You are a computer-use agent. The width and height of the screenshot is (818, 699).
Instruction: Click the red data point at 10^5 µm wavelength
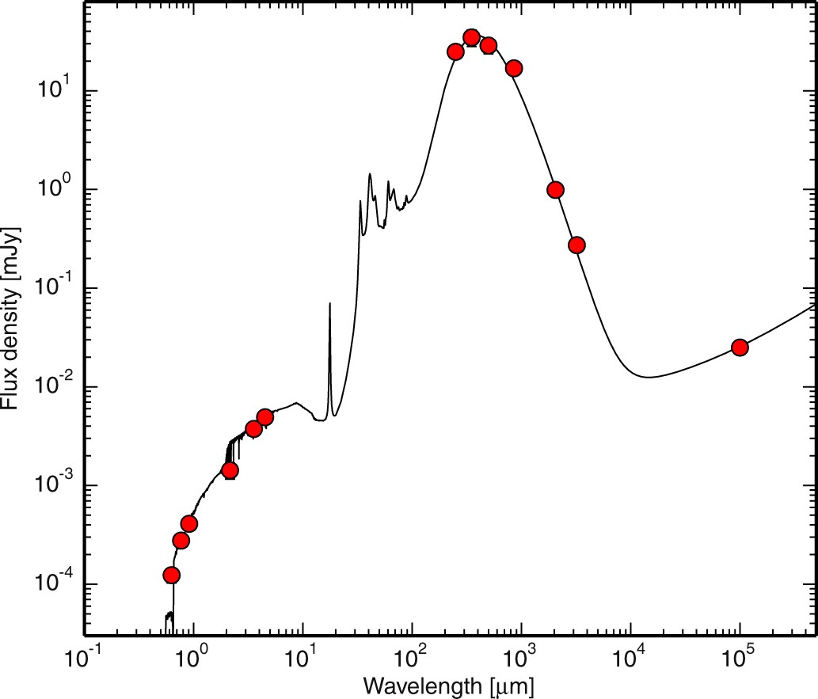740,348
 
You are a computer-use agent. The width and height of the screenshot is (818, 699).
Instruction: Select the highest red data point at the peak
472,37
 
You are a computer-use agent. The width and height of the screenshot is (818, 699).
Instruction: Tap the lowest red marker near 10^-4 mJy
171,575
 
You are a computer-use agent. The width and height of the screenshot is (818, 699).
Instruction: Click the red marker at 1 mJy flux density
555,189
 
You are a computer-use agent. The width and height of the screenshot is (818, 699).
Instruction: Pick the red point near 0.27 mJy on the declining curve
576,245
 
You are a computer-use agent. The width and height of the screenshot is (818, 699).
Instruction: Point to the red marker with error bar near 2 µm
230,470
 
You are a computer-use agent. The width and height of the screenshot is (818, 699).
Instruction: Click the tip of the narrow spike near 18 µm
329,303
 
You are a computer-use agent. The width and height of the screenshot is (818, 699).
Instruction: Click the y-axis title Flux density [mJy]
13,318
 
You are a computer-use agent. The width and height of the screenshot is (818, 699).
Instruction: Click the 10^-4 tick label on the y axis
52,583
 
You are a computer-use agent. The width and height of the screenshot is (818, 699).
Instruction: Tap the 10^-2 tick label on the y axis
52,386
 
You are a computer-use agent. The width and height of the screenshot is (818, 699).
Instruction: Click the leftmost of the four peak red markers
455,51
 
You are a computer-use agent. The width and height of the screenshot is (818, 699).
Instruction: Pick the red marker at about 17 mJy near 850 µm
514,68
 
